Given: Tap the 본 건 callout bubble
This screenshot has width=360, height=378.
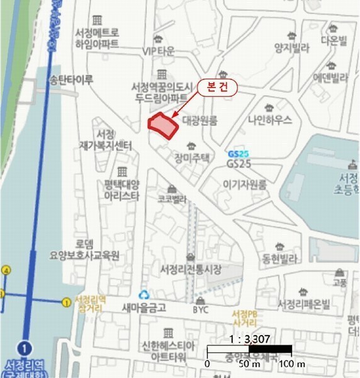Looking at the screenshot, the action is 217,89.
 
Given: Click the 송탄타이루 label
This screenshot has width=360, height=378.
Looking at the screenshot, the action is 71,80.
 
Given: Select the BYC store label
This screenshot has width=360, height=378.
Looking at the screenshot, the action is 200,309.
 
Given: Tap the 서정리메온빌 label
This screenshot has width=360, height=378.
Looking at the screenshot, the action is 304,304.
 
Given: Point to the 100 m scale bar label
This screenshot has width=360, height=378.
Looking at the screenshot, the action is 292,364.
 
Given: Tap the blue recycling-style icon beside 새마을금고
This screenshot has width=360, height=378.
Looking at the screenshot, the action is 145,294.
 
